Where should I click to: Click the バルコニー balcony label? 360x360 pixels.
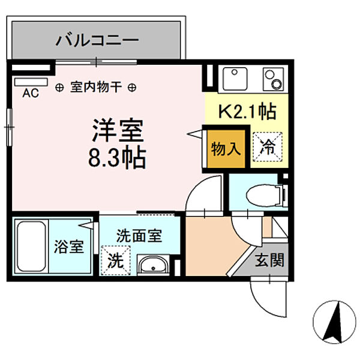98,41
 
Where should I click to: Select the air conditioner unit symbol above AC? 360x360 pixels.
30,81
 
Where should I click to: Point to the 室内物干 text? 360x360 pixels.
96,87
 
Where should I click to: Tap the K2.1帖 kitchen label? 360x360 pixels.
246,112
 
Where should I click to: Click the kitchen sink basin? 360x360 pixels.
233,79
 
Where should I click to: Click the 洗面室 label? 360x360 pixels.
139,236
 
